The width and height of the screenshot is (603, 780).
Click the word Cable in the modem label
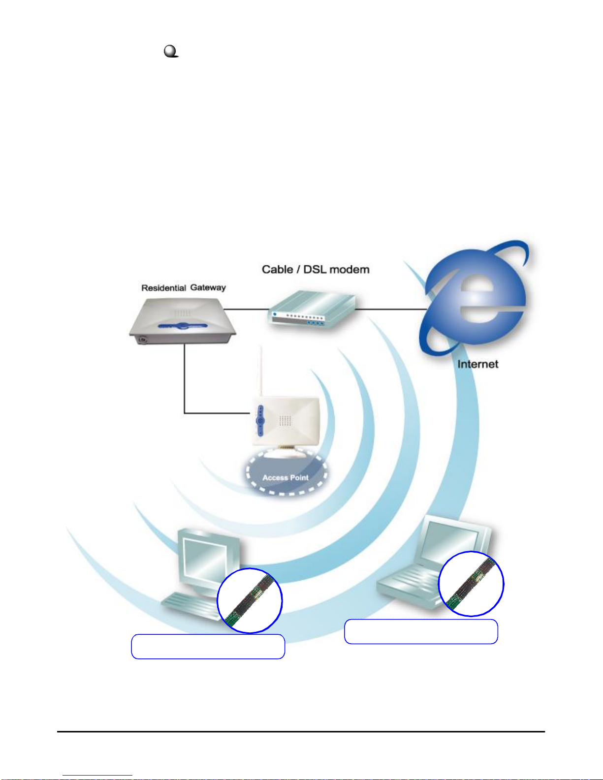pyautogui.click(x=278, y=270)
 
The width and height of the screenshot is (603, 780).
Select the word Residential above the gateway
pyautogui.click(x=163, y=288)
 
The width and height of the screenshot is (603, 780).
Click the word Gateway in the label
pyautogui.click(x=208, y=287)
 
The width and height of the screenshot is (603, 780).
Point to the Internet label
pyautogui.click(x=477, y=364)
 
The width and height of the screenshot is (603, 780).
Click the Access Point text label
pyautogui.click(x=286, y=477)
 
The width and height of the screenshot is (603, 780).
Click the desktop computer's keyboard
pyautogui.click(x=190, y=605)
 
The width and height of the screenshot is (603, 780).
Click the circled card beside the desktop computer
pyautogui.click(x=250, y=600)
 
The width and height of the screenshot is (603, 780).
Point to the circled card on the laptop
pyautogui.click(x=471, y=584)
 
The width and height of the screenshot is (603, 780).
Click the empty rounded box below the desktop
pyautogui.click(x=208, y=647)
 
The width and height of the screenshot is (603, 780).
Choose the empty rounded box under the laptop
pyautogui.click(x=421, y=632)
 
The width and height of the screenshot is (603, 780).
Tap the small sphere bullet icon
pyautogui.click(x=170, y=51)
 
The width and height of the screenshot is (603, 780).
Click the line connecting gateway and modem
pyautogui.click(x=246, y=309)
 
